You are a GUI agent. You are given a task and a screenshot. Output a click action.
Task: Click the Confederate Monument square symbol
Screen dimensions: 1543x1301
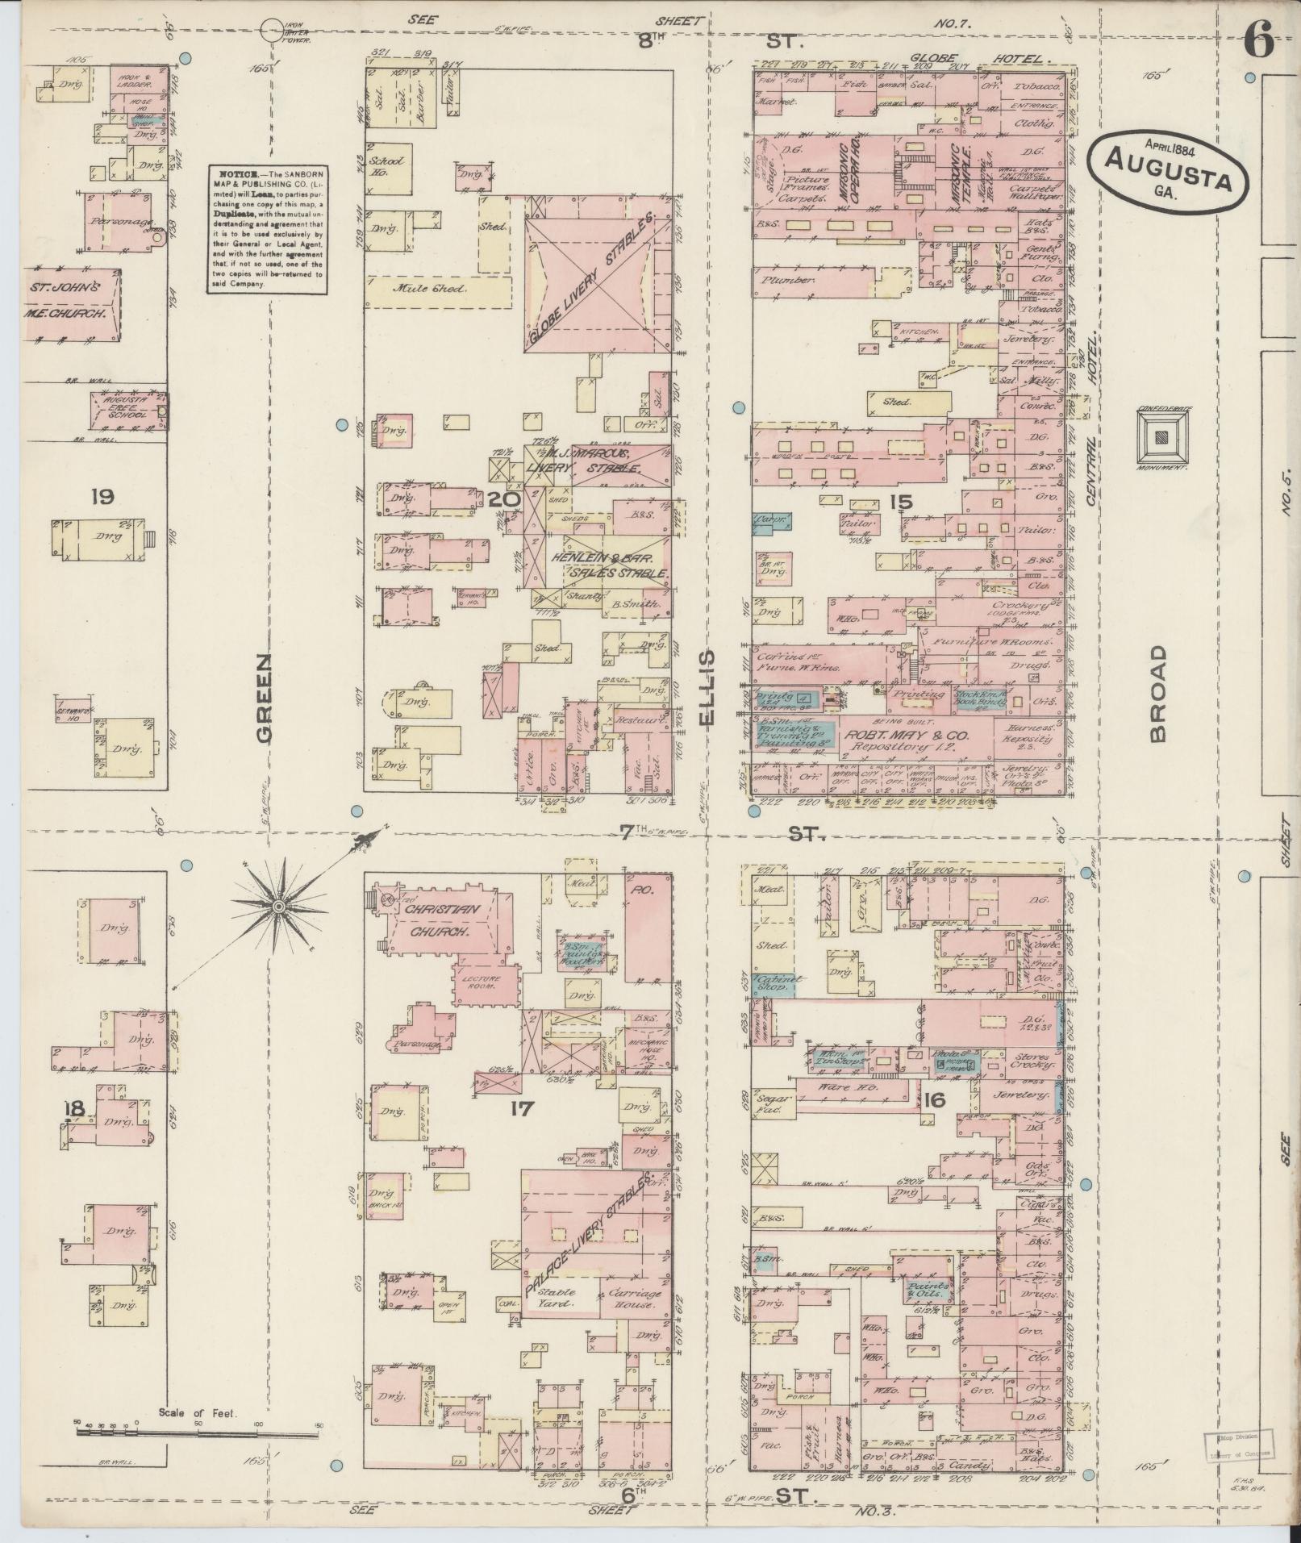pos(1162,437)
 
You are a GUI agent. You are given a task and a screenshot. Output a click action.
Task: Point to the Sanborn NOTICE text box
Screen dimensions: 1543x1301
pos(266,229)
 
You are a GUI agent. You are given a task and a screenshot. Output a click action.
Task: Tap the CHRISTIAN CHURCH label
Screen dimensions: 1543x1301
pos(443,920)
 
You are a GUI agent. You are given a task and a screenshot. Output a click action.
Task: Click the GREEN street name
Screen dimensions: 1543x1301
pos(264,697)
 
